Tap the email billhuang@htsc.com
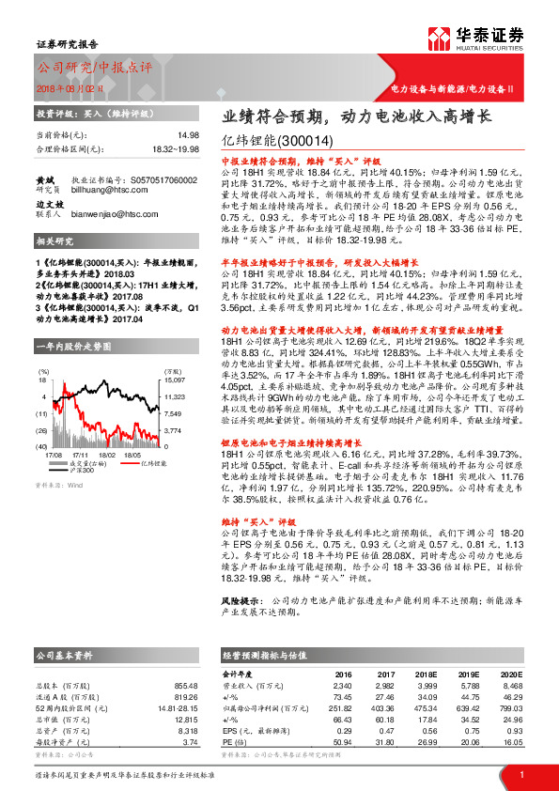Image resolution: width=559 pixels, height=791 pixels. pos(118,188)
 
